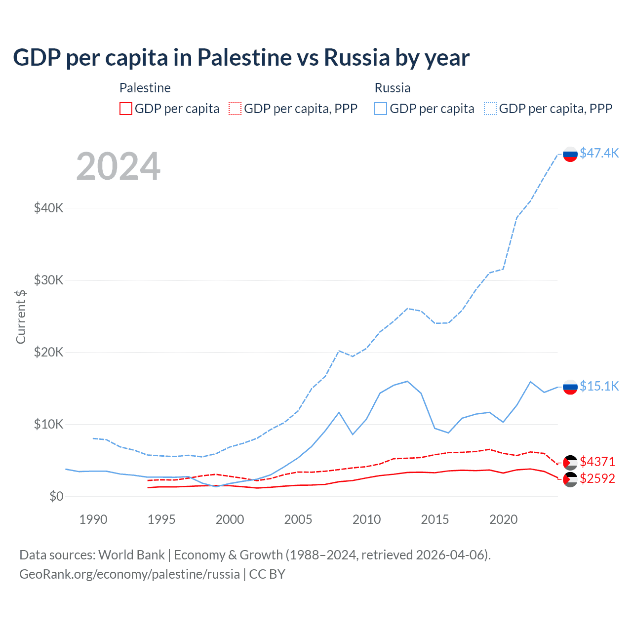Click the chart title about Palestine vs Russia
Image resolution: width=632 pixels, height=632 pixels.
tap(241, 57)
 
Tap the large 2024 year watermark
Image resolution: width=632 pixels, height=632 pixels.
tap(118, 166)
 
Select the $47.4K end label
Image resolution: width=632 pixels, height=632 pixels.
tap(599, 153)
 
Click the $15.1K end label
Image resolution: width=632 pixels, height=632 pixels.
tap(599, 386)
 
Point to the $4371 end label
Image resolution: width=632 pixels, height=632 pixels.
tap(597, 462)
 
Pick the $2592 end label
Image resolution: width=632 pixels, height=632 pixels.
tap(597, 478)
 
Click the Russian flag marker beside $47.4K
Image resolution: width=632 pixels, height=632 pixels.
tap(570, 154)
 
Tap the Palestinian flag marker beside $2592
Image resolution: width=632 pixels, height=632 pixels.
tap(570, 479)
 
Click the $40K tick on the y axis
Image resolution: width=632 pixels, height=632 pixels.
tap(49, 208)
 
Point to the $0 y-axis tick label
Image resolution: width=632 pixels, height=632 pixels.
tap(56, 496)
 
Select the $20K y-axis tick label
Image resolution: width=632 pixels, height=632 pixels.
tap(49, 352)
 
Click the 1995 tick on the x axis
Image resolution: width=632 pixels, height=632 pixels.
tap(161, 519)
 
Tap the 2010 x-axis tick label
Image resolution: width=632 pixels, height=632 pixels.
tap(366, 519)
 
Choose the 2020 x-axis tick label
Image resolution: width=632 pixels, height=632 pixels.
tap(503, 519)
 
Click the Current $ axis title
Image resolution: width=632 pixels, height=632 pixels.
tap(21, 317)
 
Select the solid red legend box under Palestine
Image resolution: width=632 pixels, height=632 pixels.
tap(126, 109)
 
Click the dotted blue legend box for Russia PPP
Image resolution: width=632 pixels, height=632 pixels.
tap(490, 109)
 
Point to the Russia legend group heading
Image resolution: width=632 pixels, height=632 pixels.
tap(393, 88)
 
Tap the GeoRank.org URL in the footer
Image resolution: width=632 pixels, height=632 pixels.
tap(129, 574)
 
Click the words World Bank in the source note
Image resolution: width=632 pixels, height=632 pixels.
tap(131, 555)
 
